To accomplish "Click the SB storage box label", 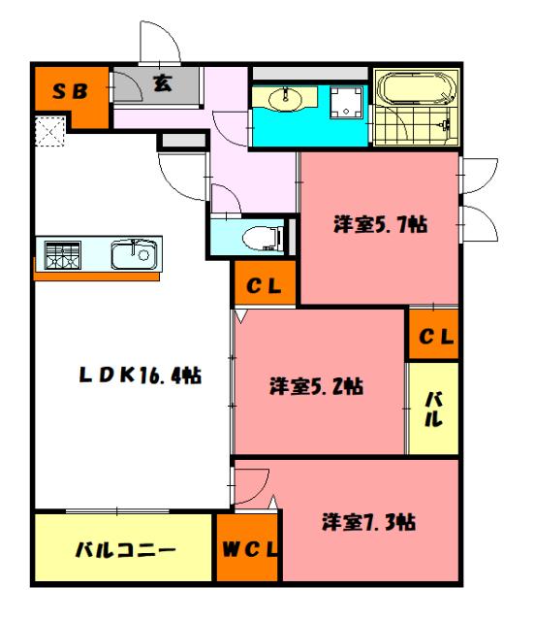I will [70, 91].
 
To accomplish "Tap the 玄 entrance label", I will [162, 85].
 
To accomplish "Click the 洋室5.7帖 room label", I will [381, 224].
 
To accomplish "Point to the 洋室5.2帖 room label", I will [316, 385].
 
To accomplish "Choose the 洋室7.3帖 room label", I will [369, 521].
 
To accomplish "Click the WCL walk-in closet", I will [246, 550].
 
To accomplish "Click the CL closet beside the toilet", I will [263, 286].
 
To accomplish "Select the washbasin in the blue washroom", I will [287, 99].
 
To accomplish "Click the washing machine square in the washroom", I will [345, 101].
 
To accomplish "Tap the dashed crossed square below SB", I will [48, 130].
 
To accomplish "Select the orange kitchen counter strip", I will [97, 277].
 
